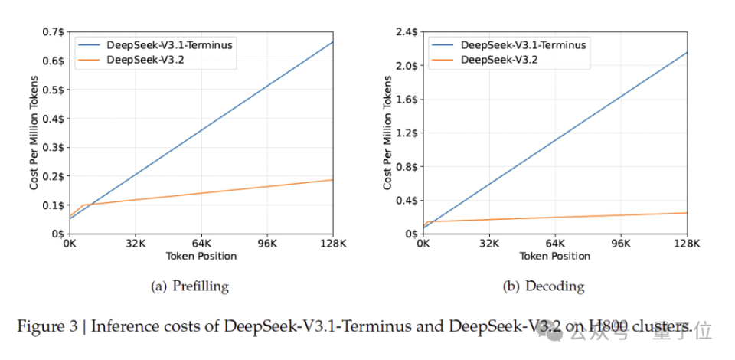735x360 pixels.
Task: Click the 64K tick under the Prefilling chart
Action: coord(201,244)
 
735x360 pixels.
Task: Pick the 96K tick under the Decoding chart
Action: coord(621,244)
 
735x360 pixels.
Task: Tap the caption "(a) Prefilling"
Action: coord(191,286)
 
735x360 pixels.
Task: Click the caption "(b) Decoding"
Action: coord(544,286)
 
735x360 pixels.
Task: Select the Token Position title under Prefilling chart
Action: coord(201,257)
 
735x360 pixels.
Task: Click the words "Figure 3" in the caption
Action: coord(47,327)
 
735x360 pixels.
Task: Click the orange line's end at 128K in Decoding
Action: coord(687,213)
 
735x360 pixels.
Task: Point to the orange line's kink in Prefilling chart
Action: coord(82,205)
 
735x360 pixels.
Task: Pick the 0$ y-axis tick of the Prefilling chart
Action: coord(57,234)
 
